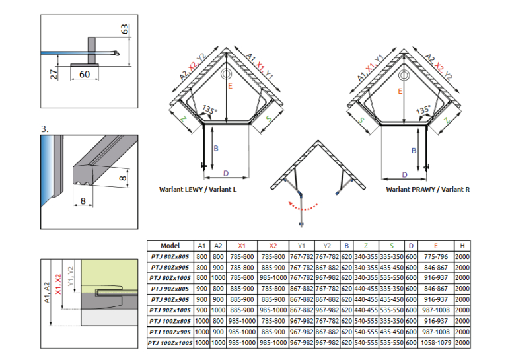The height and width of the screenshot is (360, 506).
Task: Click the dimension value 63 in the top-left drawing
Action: [x=125, y=29]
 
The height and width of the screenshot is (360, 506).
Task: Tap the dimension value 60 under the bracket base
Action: [x=85, y=74]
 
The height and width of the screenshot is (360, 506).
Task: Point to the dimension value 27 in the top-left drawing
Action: [x=55, y=74]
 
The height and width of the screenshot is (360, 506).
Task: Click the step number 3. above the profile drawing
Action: [x=45, y=129]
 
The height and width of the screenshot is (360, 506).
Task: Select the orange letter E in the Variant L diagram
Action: [x=230, y=86]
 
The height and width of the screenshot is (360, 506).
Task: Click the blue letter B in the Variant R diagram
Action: [x=414, y=151]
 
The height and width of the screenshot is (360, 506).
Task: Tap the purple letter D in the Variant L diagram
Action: [x=226, y=174]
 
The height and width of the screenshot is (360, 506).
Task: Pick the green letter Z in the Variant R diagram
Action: [x=447, y=120]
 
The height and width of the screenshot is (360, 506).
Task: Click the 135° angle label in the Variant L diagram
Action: [x=210, y=110]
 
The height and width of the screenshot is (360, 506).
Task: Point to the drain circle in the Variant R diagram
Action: [x=404, y=75]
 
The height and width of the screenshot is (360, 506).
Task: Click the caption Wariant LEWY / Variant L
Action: [x=198, y=190]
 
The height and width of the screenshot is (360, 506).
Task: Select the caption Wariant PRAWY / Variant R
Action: [x=428, y=190]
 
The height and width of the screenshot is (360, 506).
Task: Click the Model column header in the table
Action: [x=170, y=246]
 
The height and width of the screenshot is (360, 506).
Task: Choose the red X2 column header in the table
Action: [x=273, y=246]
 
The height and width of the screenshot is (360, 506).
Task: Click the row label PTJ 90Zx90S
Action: [x=170, y=300]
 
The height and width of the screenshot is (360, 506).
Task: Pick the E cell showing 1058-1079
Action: [x=436, y=343]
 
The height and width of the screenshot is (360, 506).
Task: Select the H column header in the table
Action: [x=462, y=246]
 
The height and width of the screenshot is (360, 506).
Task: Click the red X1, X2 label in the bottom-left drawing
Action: [x=58, y=284]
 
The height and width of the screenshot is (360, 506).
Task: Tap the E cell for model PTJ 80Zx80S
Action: [x=436, y=257]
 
